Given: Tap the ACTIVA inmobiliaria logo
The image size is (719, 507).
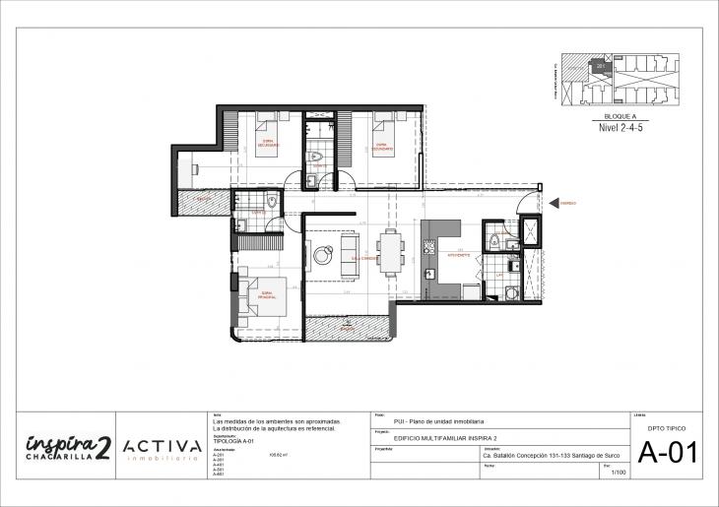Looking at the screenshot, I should (163, 451).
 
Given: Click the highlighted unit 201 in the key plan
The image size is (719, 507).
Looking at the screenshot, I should (601, 67).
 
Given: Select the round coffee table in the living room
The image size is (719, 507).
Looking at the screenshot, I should (323, 256).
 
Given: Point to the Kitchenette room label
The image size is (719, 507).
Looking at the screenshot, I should (459, 253).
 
